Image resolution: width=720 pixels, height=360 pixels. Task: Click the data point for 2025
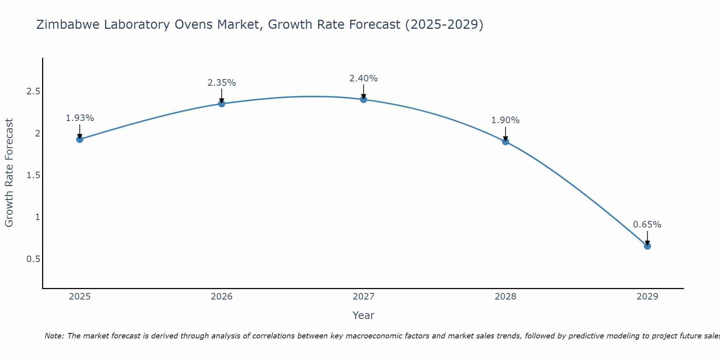click(x=80, y=139)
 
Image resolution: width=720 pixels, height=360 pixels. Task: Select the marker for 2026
click(x=222, y=104)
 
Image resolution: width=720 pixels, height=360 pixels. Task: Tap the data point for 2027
click(x=364, y=99)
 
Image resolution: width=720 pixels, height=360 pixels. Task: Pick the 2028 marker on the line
click(x=505, y=141)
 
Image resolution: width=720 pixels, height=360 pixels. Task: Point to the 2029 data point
click(x=647, y=246)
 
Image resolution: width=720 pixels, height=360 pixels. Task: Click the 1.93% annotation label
click(x=80, y=118)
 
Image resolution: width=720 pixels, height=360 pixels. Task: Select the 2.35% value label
click(x=222, y=83)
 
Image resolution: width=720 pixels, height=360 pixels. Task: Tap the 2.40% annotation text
click(x=364, y=78)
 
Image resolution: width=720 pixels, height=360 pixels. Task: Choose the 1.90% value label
click(x=505, y=120)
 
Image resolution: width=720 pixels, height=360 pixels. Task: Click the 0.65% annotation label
click(x=647, y=225)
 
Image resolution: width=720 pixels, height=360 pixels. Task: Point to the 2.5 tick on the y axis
click(x=33, y=91)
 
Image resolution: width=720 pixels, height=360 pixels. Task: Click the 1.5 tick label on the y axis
click(x=33, y=175)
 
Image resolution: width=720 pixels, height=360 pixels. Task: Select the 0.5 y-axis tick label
click(x=33, y=259)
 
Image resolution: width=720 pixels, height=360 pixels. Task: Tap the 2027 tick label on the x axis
click(x=364, y=297)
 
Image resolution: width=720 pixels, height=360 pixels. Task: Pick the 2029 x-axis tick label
click(x=647, y=297)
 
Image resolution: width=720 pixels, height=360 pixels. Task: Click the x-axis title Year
click(x=364, y=315)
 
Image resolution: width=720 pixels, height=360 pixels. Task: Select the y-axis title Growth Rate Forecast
click(x=9, y=173)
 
